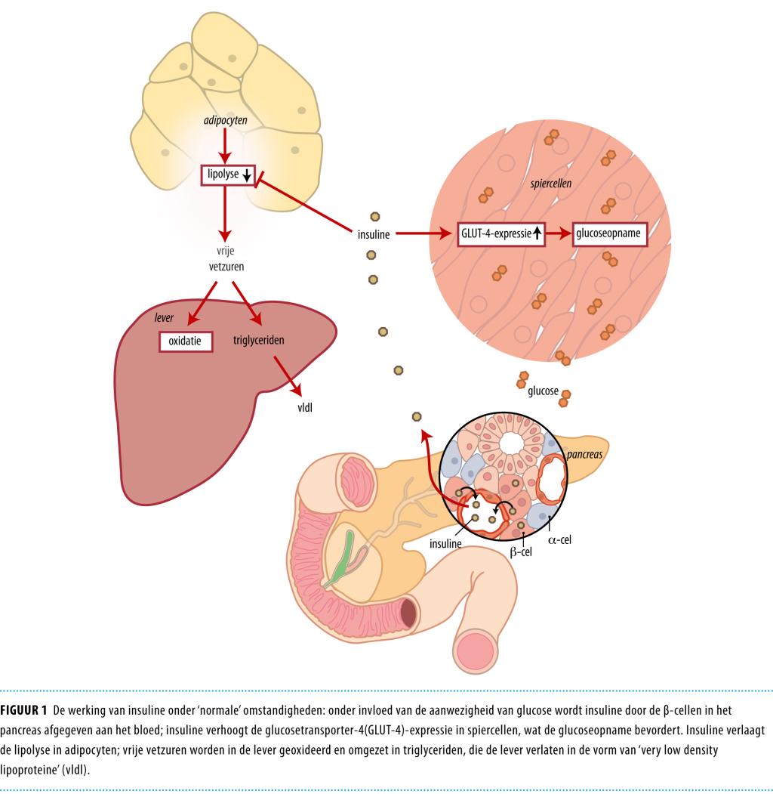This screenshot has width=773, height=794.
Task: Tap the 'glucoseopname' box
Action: click(x=611, y=233)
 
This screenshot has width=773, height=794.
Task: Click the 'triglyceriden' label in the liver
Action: click(x=258, y=341)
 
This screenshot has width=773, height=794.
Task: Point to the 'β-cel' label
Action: click(x=522, y=552)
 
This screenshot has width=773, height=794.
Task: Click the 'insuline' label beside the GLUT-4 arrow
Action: click(x=373, y=234)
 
